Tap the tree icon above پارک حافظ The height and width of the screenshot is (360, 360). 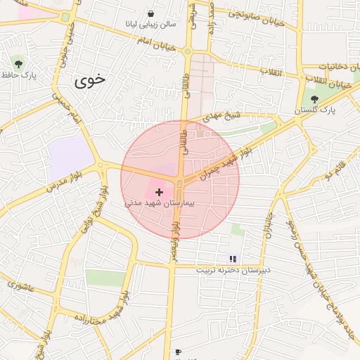(18, 64)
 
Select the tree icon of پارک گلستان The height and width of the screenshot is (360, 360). (314, 99)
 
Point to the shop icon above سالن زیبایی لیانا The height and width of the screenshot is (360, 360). (150, 13)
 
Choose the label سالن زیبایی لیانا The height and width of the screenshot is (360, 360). (150, 24)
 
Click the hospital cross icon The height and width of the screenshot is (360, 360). (159, 191)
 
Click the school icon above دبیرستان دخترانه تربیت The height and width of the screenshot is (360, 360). (233, 259)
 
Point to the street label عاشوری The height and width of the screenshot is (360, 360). (25, 285)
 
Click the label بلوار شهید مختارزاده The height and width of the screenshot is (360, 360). (92, 314)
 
